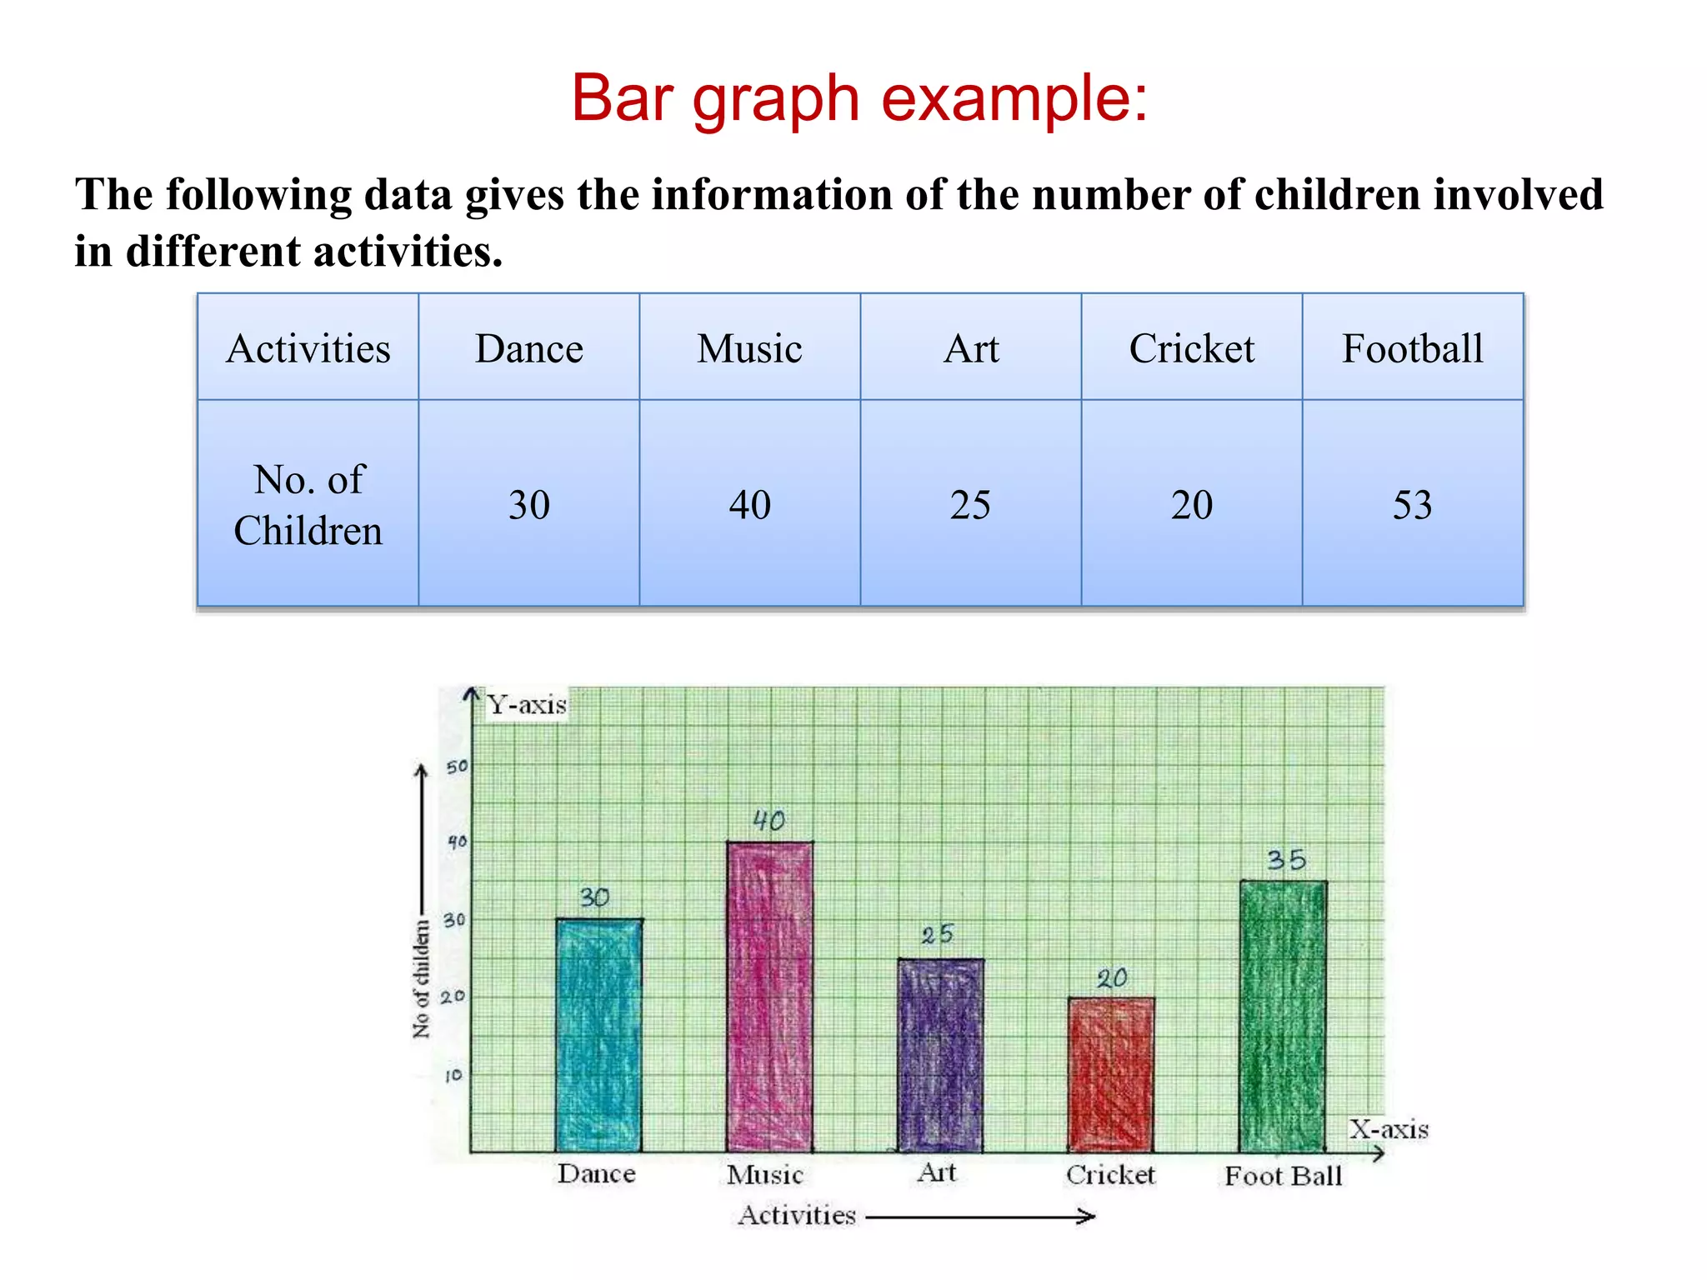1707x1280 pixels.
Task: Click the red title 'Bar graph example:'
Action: coord(859,99)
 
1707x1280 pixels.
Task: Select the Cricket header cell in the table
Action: coord(1191,348)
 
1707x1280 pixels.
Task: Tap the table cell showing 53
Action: coord(1412,505)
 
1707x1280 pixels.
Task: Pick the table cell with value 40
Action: coord(749,505)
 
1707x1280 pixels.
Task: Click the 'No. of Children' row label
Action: coord(308,505)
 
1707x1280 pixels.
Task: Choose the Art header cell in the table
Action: coord(970,348)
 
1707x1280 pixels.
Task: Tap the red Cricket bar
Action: coord(1111,1075)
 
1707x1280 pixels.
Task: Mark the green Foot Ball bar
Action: coord(1283,1017)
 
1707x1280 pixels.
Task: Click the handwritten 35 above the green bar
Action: coord(1286,860)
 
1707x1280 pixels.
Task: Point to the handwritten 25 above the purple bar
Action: coord(937,935)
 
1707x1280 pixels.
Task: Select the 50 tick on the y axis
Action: coord(457,767)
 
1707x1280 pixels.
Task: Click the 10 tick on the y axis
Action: coord(453,1076)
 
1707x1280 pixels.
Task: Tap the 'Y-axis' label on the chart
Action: coord(527,705)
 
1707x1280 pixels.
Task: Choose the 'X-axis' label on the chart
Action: coord(1389,1129)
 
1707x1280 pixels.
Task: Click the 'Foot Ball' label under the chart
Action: coord(1283,1176)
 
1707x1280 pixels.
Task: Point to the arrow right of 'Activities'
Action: coord(980,1217)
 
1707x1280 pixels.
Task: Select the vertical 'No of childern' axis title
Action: coord(422,979)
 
